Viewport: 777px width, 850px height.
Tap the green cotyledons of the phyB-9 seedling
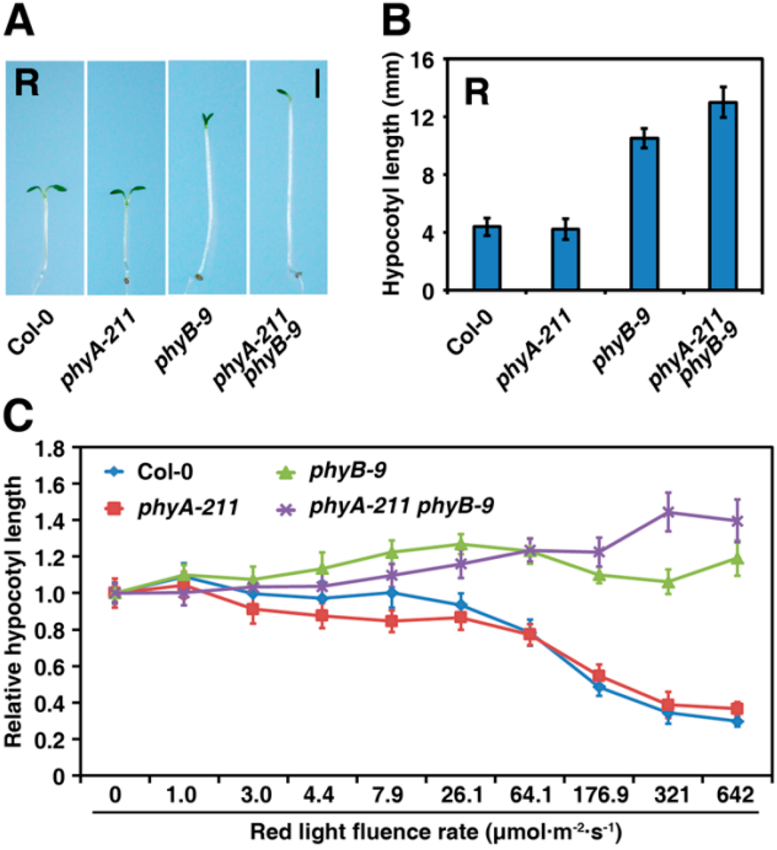[206, 119]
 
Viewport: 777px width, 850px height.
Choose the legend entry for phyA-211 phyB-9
[402, 505]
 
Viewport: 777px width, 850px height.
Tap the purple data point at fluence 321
[668, 512]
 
